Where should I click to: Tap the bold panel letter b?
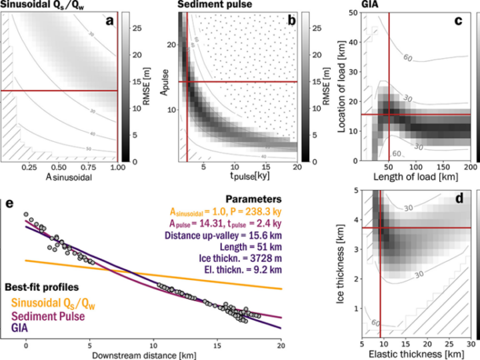click(x=291, y=21)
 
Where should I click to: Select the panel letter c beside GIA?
click(x=458, y=21)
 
